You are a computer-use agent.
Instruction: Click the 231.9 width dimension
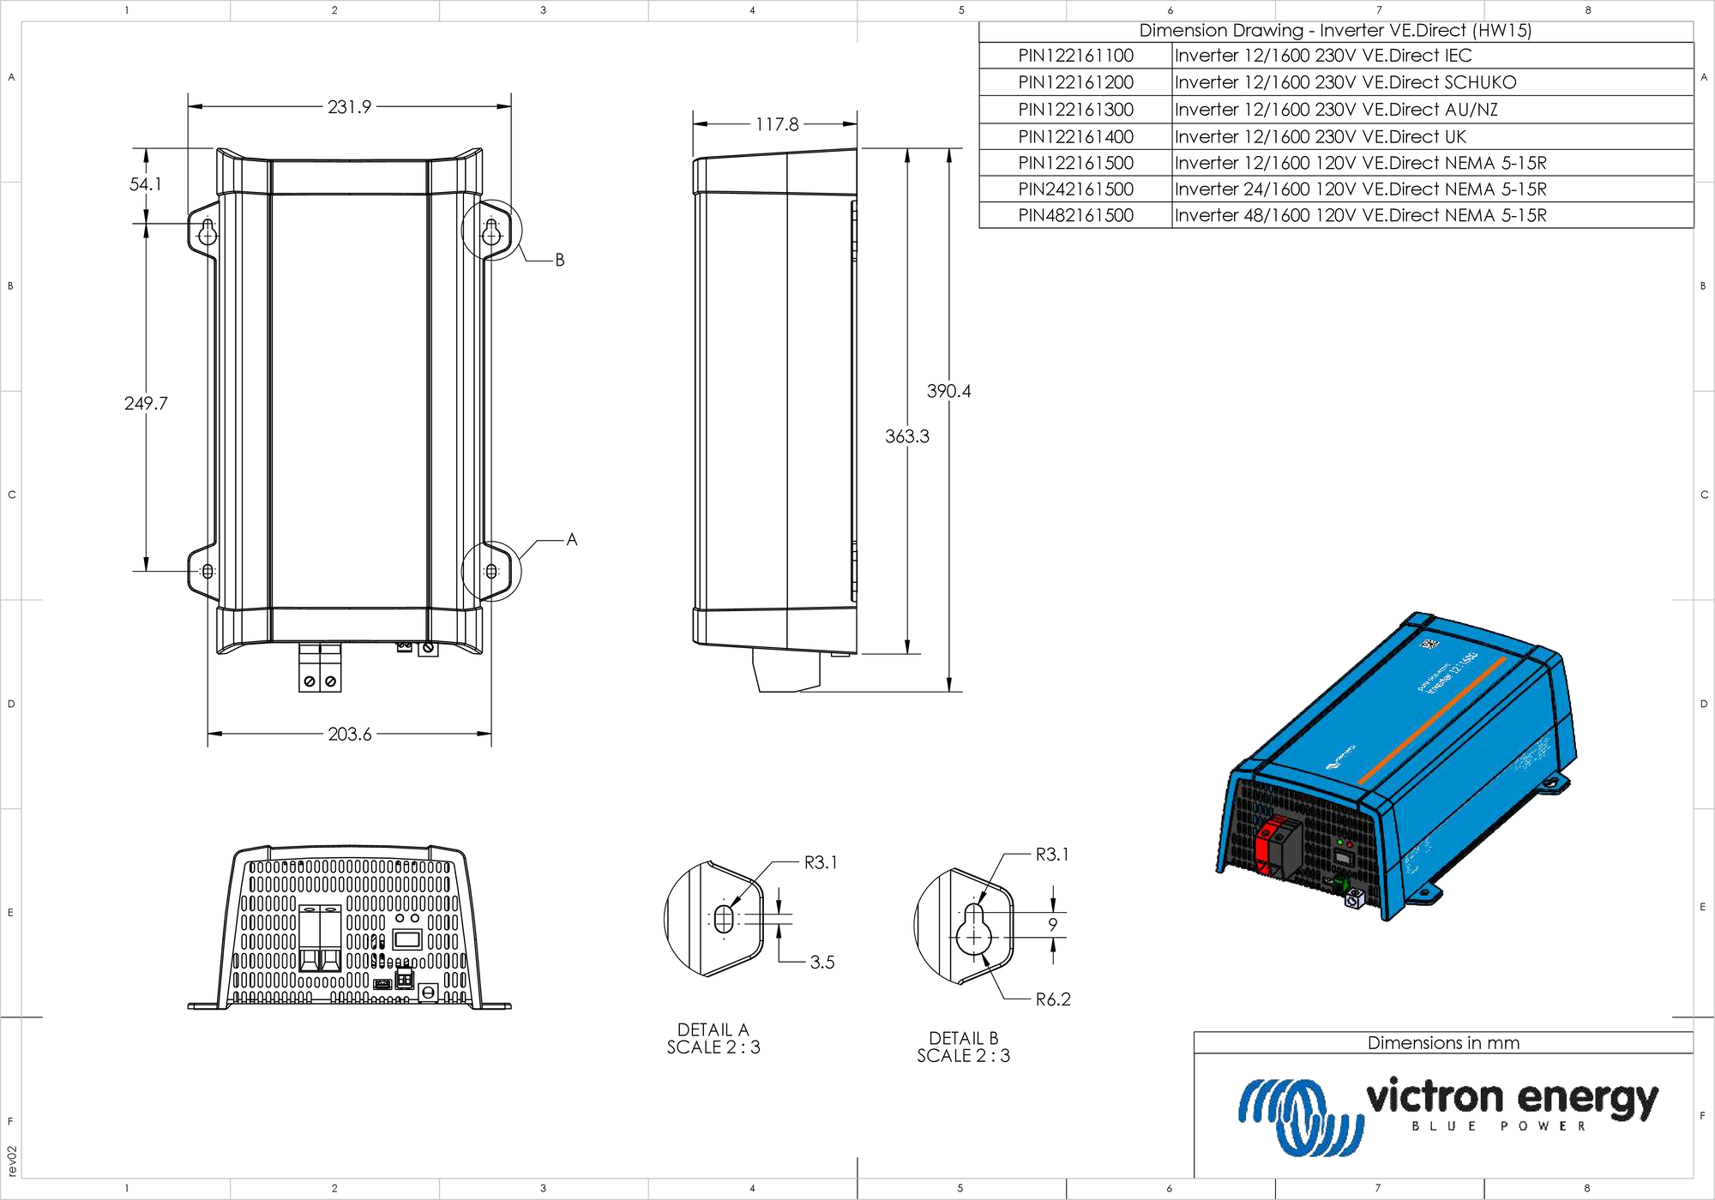(x=349, y=107)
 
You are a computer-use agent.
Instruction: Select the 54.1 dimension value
(x=145, y=184)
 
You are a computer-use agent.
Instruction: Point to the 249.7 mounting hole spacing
(x=146, y=403)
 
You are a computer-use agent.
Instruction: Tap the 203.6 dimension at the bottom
(x=349, y=734)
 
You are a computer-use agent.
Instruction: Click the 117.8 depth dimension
(x=776, y=124)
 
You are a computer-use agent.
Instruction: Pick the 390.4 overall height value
(x=948, y=391)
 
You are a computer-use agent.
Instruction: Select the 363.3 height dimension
(x=906, y=436)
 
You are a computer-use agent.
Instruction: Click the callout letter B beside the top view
(x=559, y=260)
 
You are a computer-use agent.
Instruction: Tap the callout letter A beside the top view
(x=571, y=540)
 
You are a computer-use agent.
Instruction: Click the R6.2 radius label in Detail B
(x=1052, y=999)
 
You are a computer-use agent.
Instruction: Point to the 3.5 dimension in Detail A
(x=821, y=962)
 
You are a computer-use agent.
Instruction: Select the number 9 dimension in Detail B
(x=1052, y=925)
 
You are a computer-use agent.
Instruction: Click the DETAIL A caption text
(x=713, y=1029)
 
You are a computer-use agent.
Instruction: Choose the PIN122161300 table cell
(x=1075, y=110)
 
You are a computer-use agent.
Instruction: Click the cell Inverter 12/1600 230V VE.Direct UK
(x=1320, y=137)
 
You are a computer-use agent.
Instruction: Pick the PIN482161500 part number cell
(x=1075, y=216)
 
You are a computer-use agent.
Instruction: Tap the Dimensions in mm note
(x=1443, y=1043)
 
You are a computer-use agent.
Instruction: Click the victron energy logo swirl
(x=1299, y=1116)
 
